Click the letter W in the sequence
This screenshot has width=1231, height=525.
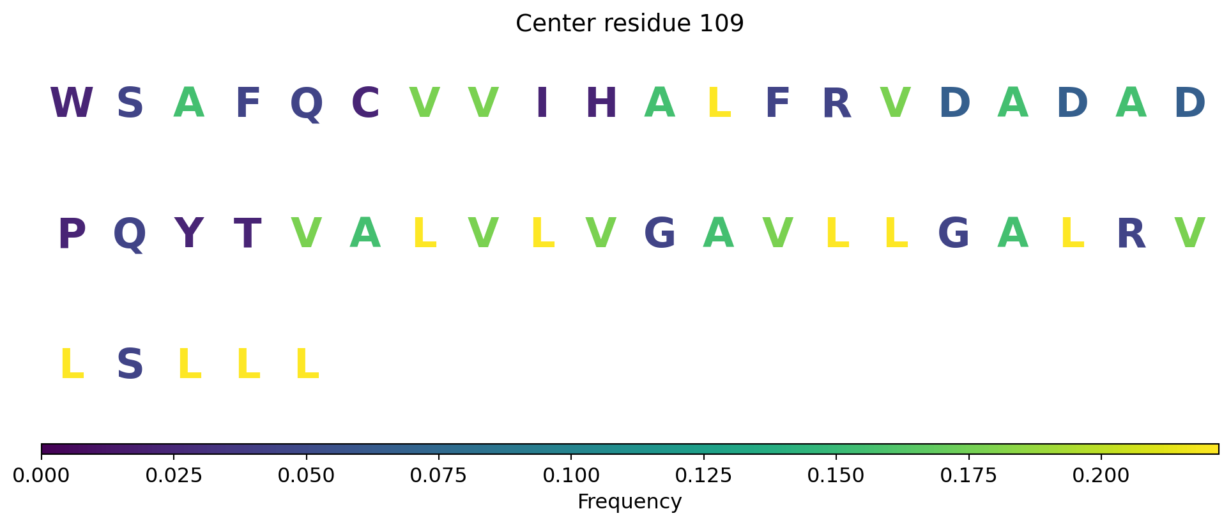coord(72,103)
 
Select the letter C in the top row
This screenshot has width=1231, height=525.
coord(365,103)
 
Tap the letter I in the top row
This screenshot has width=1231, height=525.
coord(542,103)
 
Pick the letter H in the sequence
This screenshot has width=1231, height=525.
coord(601,103)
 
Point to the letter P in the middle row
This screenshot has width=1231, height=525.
coord(72,234)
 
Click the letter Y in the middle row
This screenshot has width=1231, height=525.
coord(189,234)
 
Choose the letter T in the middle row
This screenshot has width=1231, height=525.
coord(248,234)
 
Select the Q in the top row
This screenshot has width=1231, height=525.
coord(307,104)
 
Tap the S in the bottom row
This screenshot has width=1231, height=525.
coord(130,365)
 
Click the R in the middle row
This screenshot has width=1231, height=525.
coord(1131,234)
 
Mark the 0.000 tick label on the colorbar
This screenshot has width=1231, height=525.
coord(42,476)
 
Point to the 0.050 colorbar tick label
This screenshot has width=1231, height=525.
coord(307,476)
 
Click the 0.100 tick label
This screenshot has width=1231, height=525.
coord(571,476)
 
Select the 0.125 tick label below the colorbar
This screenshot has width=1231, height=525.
coord(704,476)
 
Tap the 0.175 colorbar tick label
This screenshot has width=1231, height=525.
coord(969,476)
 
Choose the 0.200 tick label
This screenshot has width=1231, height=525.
coord(1101,476)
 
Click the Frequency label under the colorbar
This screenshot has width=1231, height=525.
coord(630,502)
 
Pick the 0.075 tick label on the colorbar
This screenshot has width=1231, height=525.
coord(439,476)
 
